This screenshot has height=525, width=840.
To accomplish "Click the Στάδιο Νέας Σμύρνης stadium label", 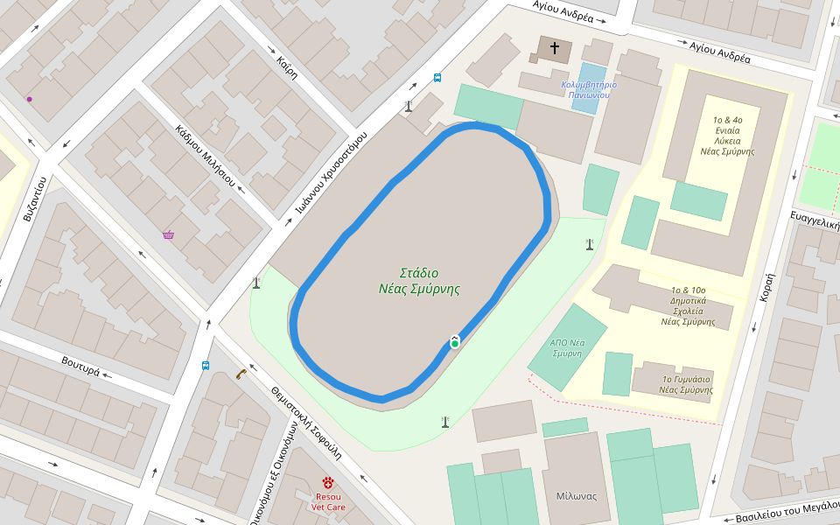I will point(419,280).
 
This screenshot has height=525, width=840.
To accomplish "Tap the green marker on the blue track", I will point(455,344).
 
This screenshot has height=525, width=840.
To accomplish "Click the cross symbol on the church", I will point(554,48).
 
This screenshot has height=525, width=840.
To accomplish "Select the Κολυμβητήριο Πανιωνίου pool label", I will point(589,89).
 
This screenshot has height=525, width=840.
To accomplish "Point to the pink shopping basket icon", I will point(168,234).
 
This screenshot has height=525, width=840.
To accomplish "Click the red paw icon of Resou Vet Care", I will point(328,482).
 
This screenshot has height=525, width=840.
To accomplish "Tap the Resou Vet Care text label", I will point(328,501).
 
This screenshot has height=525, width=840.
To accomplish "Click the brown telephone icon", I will point(241,374).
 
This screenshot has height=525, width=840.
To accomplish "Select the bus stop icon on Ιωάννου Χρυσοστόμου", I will point(437,78).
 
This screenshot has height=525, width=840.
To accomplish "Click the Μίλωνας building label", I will point(576,496).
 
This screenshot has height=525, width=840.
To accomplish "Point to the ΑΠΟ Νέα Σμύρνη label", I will point(566,348).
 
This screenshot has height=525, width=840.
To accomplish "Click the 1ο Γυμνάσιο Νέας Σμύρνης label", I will point(685,383).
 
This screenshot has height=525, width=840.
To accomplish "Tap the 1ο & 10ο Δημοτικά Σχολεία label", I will point(688,305).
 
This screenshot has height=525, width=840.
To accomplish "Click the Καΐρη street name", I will point(287,67).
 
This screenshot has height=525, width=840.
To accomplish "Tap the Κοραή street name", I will point(767,286).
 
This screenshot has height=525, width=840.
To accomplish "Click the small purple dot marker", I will point(30,99).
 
